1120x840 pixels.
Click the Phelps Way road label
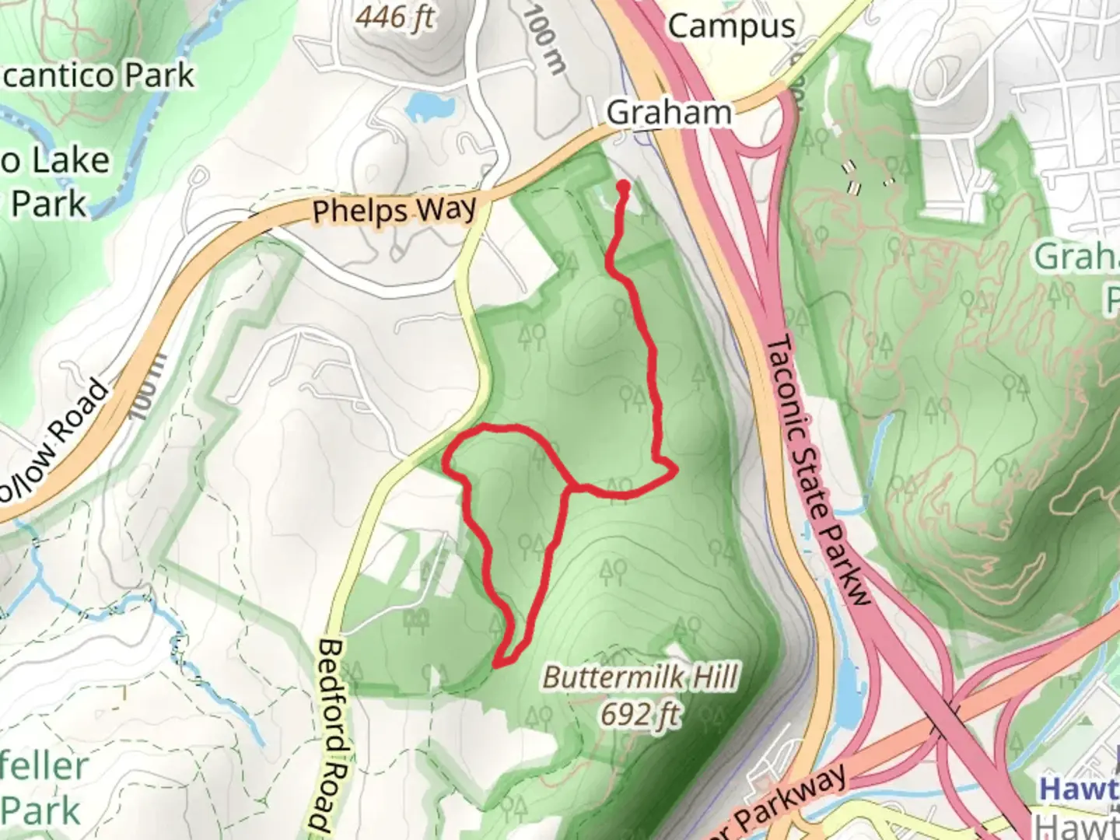tap(394, 210)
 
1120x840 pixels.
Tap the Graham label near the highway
tap(668, 113)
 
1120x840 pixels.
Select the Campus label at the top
tap(731, 26)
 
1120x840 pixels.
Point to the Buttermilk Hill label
tap(639, 677)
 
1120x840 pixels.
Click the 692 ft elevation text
tap(639, 713)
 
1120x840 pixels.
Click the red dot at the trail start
tap(623, 187)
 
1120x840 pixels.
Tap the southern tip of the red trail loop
tap(497, 663)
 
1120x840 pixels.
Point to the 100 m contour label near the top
tap(544, 39)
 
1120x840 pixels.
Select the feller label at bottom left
tap(44, 766)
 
